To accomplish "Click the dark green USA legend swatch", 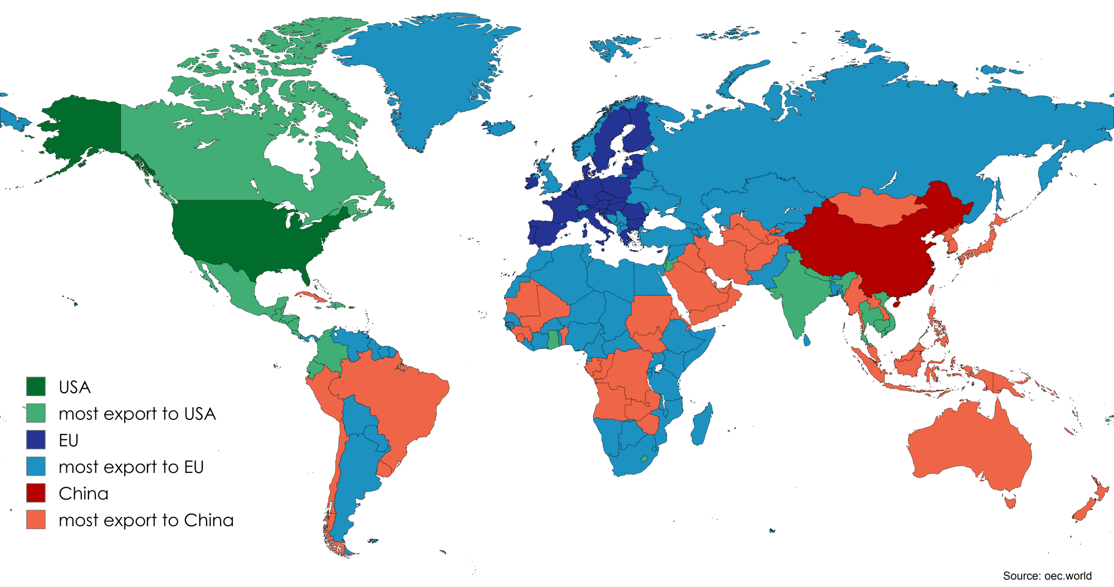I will pos(36,387).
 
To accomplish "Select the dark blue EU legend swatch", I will pos(36,440).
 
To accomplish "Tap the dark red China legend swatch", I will pos(36,493).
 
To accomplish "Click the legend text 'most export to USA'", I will pos(137,414).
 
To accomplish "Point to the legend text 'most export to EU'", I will pos(131,467).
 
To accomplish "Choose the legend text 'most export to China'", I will pos(146,520).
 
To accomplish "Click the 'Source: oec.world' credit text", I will pos(1047,576).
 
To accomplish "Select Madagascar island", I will pos(702,426).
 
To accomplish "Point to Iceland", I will pos(499,128).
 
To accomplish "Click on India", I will pos(797,295).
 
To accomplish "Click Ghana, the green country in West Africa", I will pos(553,340).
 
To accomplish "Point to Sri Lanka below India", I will pos(807,339).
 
